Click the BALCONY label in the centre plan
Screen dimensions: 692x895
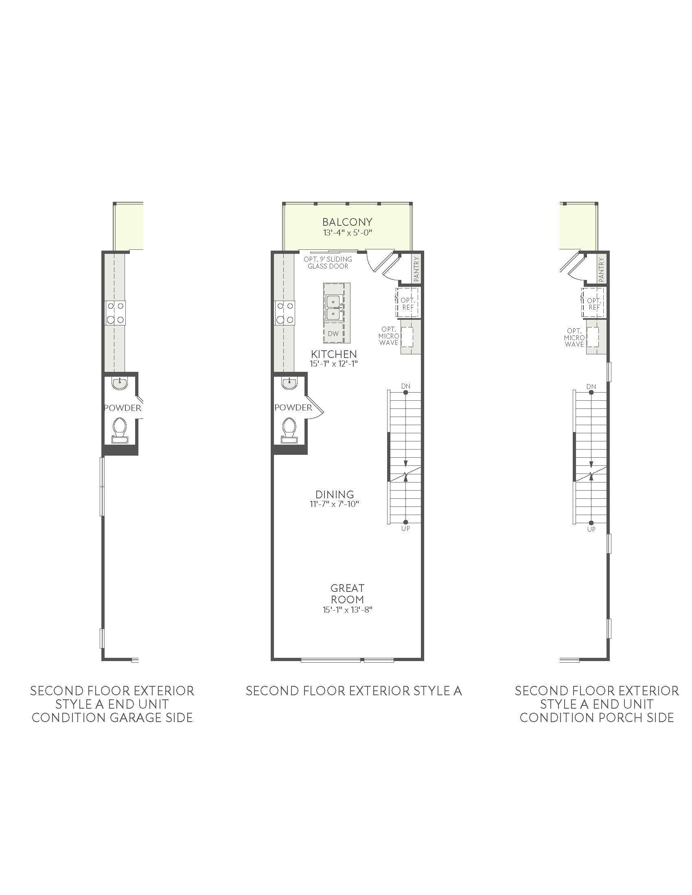[x=347, y=222]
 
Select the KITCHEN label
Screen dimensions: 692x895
[x=334, y=354]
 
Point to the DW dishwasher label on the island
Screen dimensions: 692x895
[x=333, y=334]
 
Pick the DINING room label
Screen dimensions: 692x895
[x=335, y=495]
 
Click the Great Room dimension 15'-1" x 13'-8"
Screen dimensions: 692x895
[x=347, y=609]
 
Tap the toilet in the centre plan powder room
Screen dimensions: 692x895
[x=289, y=430]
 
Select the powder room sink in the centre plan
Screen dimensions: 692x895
[x=289, y=383]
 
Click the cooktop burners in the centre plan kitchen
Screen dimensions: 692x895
[x=285, y=313]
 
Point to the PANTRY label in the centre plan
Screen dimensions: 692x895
[x=417, y=269]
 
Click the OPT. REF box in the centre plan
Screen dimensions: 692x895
[x=407, y=303]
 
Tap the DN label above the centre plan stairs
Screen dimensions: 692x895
[x=406, y=386]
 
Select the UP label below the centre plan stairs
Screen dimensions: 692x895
[x=406, y=528]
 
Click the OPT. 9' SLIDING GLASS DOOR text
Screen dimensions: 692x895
[x=328, y=263]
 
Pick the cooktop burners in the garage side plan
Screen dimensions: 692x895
[x=115, y=313]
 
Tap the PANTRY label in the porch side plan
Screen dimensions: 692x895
[x=601, y=269]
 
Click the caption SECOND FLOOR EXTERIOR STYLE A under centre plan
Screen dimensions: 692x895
[x=354, y=691]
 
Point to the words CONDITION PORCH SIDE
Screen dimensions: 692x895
[x=596, y=718]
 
